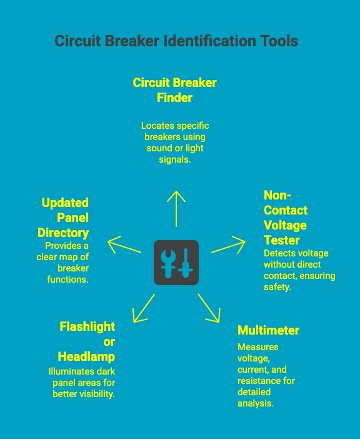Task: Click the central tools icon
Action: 176,263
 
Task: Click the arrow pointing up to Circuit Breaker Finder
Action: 177,208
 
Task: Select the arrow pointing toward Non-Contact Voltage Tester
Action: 229,245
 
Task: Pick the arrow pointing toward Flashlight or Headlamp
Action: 144,307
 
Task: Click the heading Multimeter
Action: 268,330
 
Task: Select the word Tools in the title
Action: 278,41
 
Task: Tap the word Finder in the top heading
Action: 174,98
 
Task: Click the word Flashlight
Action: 87,326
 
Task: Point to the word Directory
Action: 63,233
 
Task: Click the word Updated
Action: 65,203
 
